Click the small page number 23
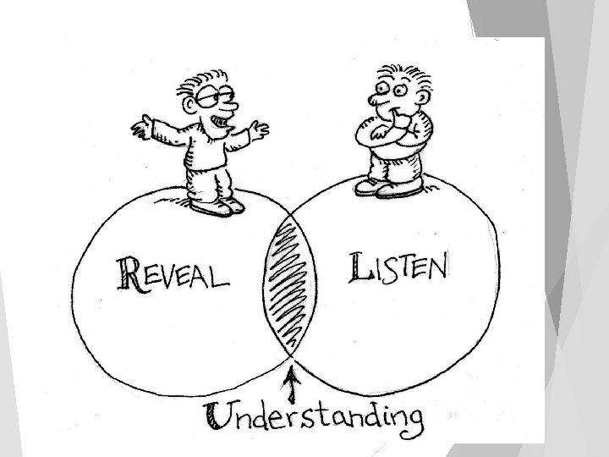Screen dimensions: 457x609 point(453,416)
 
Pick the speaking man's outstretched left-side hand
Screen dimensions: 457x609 point(140,129)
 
